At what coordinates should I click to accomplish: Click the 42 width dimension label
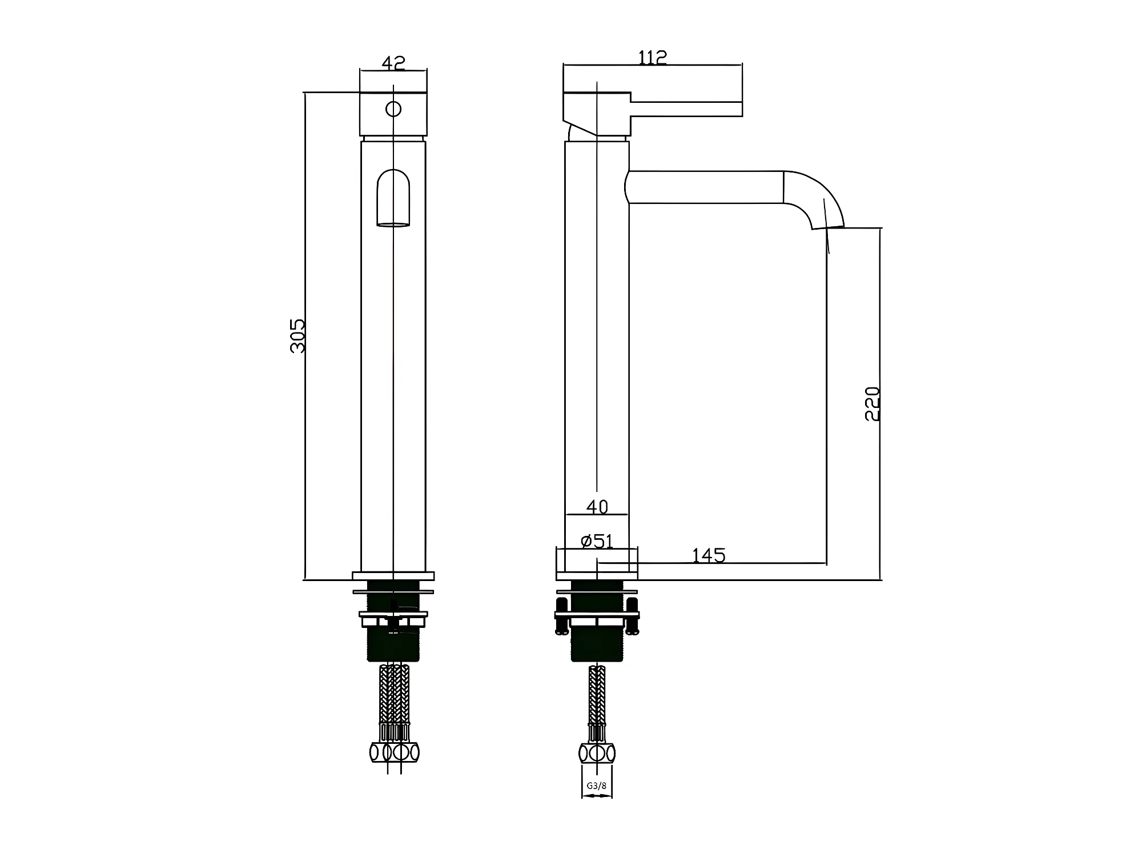[393, 62]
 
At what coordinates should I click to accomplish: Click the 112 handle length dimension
[652, 57]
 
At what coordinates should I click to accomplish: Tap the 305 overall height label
[298, 336]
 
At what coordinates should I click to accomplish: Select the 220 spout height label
[872, 404]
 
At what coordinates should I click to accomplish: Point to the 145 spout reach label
[708, 555]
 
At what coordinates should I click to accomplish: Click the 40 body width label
[597, 507]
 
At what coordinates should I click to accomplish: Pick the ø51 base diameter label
[597, 540]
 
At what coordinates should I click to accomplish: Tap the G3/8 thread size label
[597, 786]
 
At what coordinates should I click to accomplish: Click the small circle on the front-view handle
[393, 109]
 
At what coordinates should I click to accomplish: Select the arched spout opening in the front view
[393, 197]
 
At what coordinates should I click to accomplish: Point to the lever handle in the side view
[685, 109]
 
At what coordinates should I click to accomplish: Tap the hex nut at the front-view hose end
[394, 752]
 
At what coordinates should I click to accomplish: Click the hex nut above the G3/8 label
[597, 753]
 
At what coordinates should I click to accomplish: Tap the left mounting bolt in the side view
[562, 616]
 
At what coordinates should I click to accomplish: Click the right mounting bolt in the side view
[632, 616]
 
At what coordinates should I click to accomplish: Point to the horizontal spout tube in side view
[705, 187]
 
